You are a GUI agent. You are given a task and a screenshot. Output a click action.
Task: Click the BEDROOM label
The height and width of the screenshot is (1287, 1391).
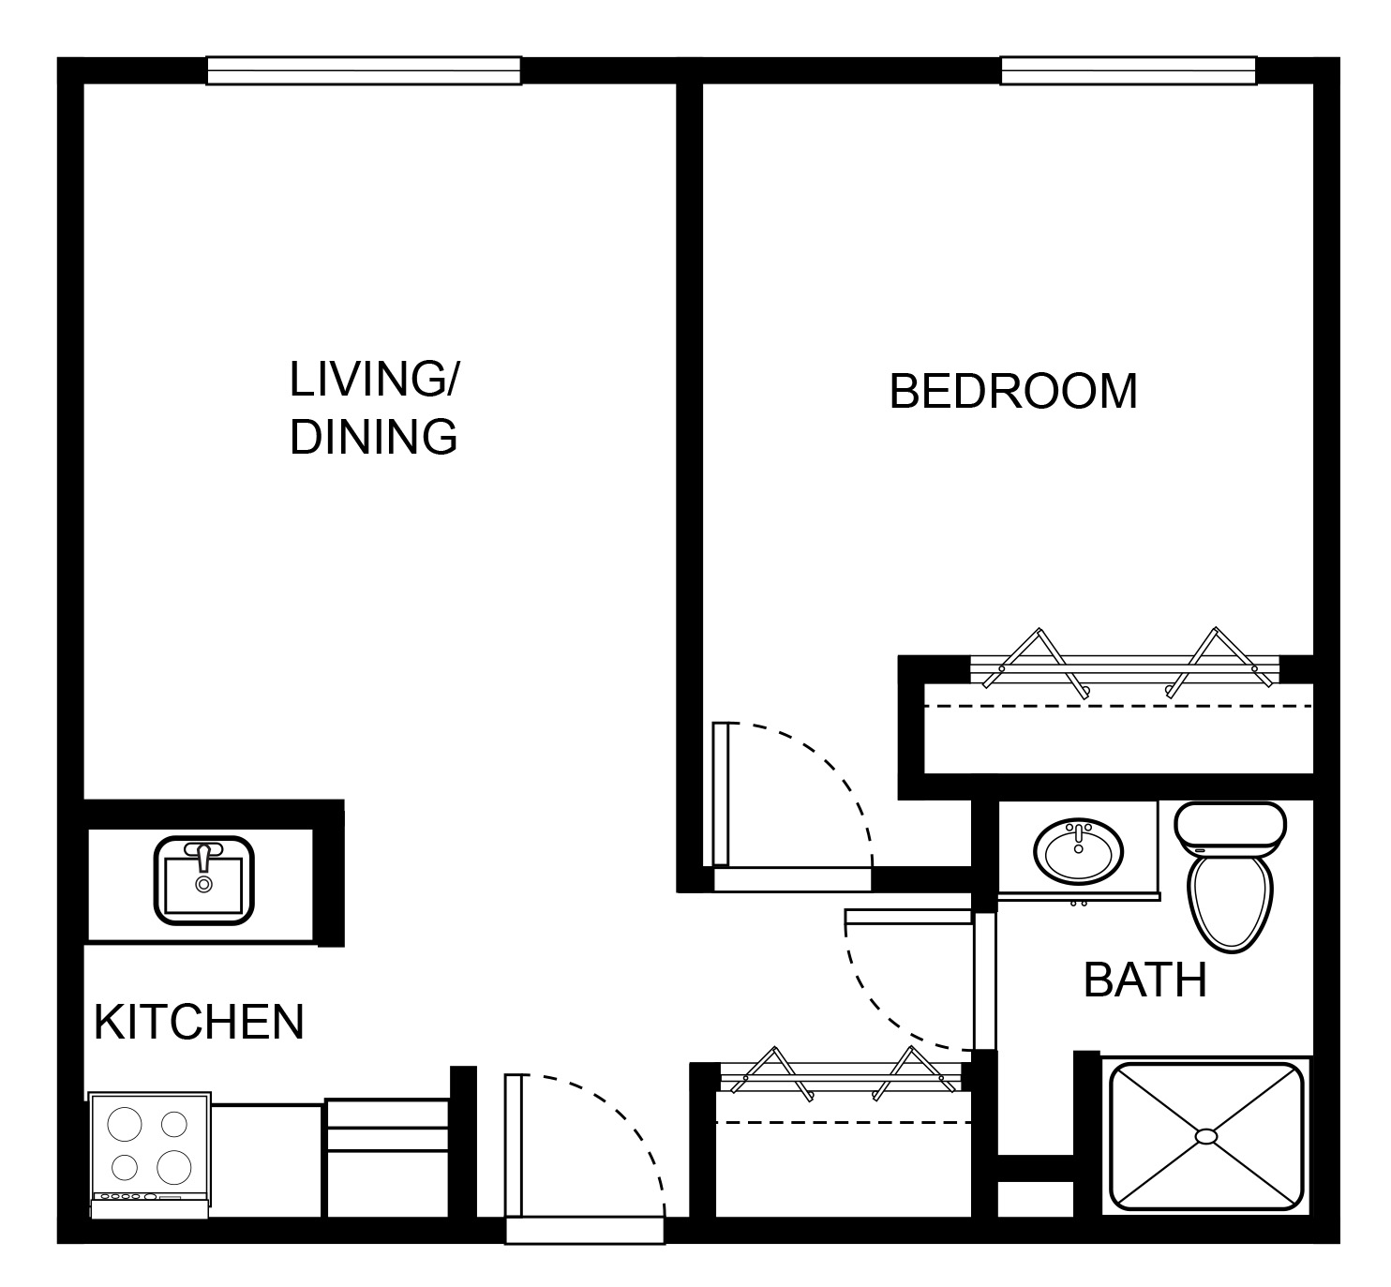(1012, 391)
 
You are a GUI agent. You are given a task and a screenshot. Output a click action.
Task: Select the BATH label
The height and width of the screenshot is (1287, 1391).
(1144, 980)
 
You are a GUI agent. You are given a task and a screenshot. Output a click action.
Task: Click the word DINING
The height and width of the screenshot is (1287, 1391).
(373, 437)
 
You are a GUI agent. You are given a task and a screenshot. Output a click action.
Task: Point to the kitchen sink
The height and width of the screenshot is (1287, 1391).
(203, 880)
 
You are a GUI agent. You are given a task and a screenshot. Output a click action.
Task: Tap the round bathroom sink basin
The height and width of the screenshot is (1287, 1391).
(1078, 851)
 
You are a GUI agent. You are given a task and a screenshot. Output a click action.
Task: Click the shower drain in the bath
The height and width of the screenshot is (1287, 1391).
(1206, 1136)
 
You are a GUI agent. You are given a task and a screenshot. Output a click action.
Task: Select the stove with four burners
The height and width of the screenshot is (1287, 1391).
(150, 1155)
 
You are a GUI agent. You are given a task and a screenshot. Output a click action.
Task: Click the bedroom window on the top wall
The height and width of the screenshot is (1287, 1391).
(1128, 71)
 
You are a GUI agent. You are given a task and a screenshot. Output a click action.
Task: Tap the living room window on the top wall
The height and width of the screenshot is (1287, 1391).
(364, 71)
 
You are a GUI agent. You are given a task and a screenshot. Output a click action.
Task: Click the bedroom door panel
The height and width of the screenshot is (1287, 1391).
(721, 793)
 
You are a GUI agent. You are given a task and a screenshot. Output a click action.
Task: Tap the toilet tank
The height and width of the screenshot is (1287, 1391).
(1230, 828)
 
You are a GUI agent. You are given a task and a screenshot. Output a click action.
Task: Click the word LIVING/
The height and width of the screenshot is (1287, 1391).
(373, 380)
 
